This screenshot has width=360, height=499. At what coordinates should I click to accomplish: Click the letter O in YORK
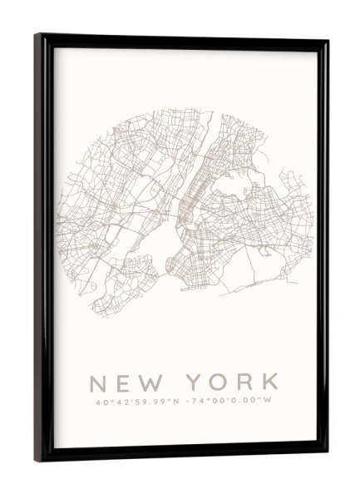[x=220, y=383]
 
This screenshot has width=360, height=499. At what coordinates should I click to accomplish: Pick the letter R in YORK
[x=244, y=383]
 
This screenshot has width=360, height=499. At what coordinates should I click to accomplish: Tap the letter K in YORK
[x=268, y=383]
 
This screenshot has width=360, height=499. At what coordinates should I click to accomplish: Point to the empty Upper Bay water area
[x=166, y=245]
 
